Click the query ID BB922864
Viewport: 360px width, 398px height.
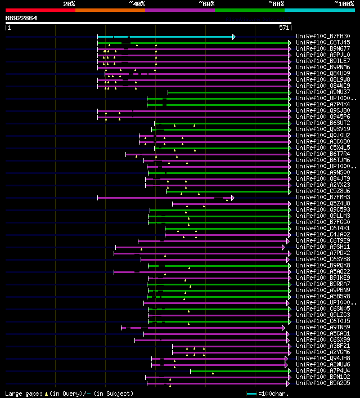[x=21, y=18]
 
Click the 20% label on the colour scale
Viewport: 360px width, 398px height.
[x=69, y=3]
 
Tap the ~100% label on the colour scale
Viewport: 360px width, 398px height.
[x=343, y=3]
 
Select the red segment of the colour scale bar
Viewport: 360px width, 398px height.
[x=40, y=10]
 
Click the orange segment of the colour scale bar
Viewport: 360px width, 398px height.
[x=110, y=10]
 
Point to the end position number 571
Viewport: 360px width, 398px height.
[x=284, y=27]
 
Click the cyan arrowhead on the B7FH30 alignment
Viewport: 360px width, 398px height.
[x=233, y=37]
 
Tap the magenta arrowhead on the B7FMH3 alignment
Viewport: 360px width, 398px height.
[x=232, y=198]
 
